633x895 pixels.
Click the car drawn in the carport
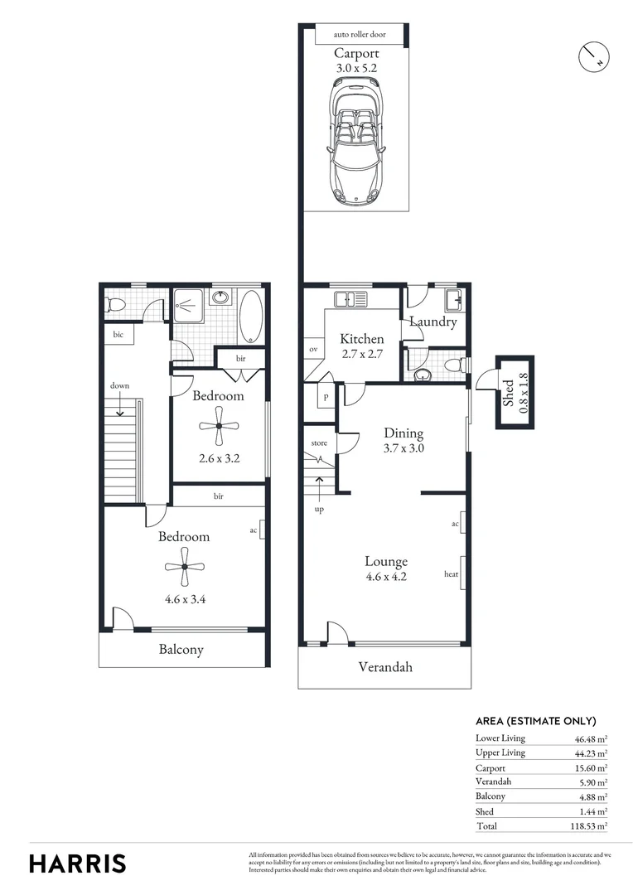click(355, 142)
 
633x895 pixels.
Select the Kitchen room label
click(362, 339)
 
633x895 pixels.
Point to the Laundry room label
click(432, 322)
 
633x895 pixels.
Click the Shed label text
click(507, 393)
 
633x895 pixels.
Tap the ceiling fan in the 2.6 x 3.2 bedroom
click(219, 426)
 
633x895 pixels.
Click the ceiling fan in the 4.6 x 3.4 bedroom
click(184, 567)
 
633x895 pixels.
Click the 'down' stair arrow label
click(120, 385)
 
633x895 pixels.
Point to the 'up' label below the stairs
click(319, 509)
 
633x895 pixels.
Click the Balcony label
click(181, 650)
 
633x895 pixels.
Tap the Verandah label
click(384, 666)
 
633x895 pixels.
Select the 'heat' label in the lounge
click(452, 573)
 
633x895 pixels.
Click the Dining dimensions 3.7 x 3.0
click(403, 448)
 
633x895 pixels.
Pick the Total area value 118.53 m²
click(591, 826)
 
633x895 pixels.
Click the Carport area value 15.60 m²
click(591, 767)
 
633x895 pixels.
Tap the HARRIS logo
click(78, 863)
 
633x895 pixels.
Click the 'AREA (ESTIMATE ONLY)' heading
click(535, 721)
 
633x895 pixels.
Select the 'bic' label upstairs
click(118, 334)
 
